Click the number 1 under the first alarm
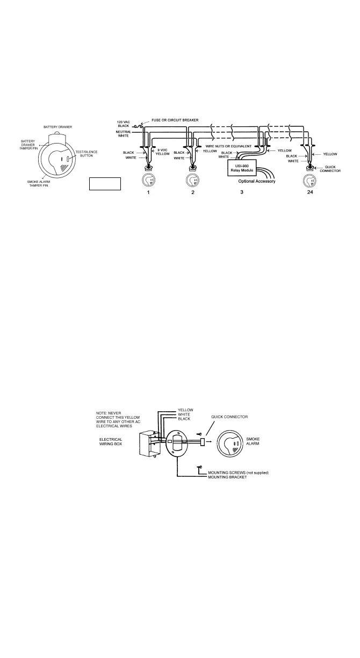pos(148,192)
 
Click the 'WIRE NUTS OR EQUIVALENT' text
pos(228,146)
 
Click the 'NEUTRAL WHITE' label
pos(125,134)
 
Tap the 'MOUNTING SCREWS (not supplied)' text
pos(238,473)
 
